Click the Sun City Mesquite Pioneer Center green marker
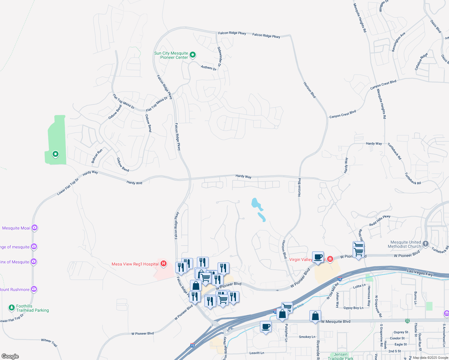tap(193, 55)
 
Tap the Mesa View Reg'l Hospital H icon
tap(164, 264)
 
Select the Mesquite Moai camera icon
tap(35, 228)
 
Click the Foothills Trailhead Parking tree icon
tap(12, 307)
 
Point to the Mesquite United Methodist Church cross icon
tap(426, 244)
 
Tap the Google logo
tap(10, 356)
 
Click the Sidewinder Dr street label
tap(219, 57)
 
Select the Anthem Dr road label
tap(209, 68)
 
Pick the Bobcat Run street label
tap(97, 156)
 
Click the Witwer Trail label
tap(49, 342)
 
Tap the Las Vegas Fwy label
tap(420, 273)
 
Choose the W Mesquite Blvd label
tap(336, 322)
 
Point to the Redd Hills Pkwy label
tap(380, 220)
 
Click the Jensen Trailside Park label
tap(340, 356)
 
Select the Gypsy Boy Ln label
tap(353, 308)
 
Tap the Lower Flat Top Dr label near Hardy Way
tap(68, 187)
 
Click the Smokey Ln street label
tap(307, 337)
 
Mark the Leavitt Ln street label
tap(257, 353)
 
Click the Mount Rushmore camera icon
tap(34, 289)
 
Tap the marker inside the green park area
tap(55, 154)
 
